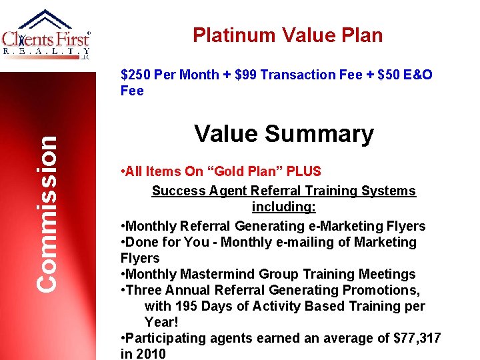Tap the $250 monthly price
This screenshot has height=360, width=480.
pos(135,75)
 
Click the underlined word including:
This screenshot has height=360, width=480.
pos(283,207)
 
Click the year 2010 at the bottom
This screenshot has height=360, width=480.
pos(151,354)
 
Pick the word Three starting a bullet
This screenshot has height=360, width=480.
pos(145,290)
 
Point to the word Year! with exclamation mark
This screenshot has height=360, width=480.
pos(161,322)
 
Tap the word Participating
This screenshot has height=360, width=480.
pos(167,338)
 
